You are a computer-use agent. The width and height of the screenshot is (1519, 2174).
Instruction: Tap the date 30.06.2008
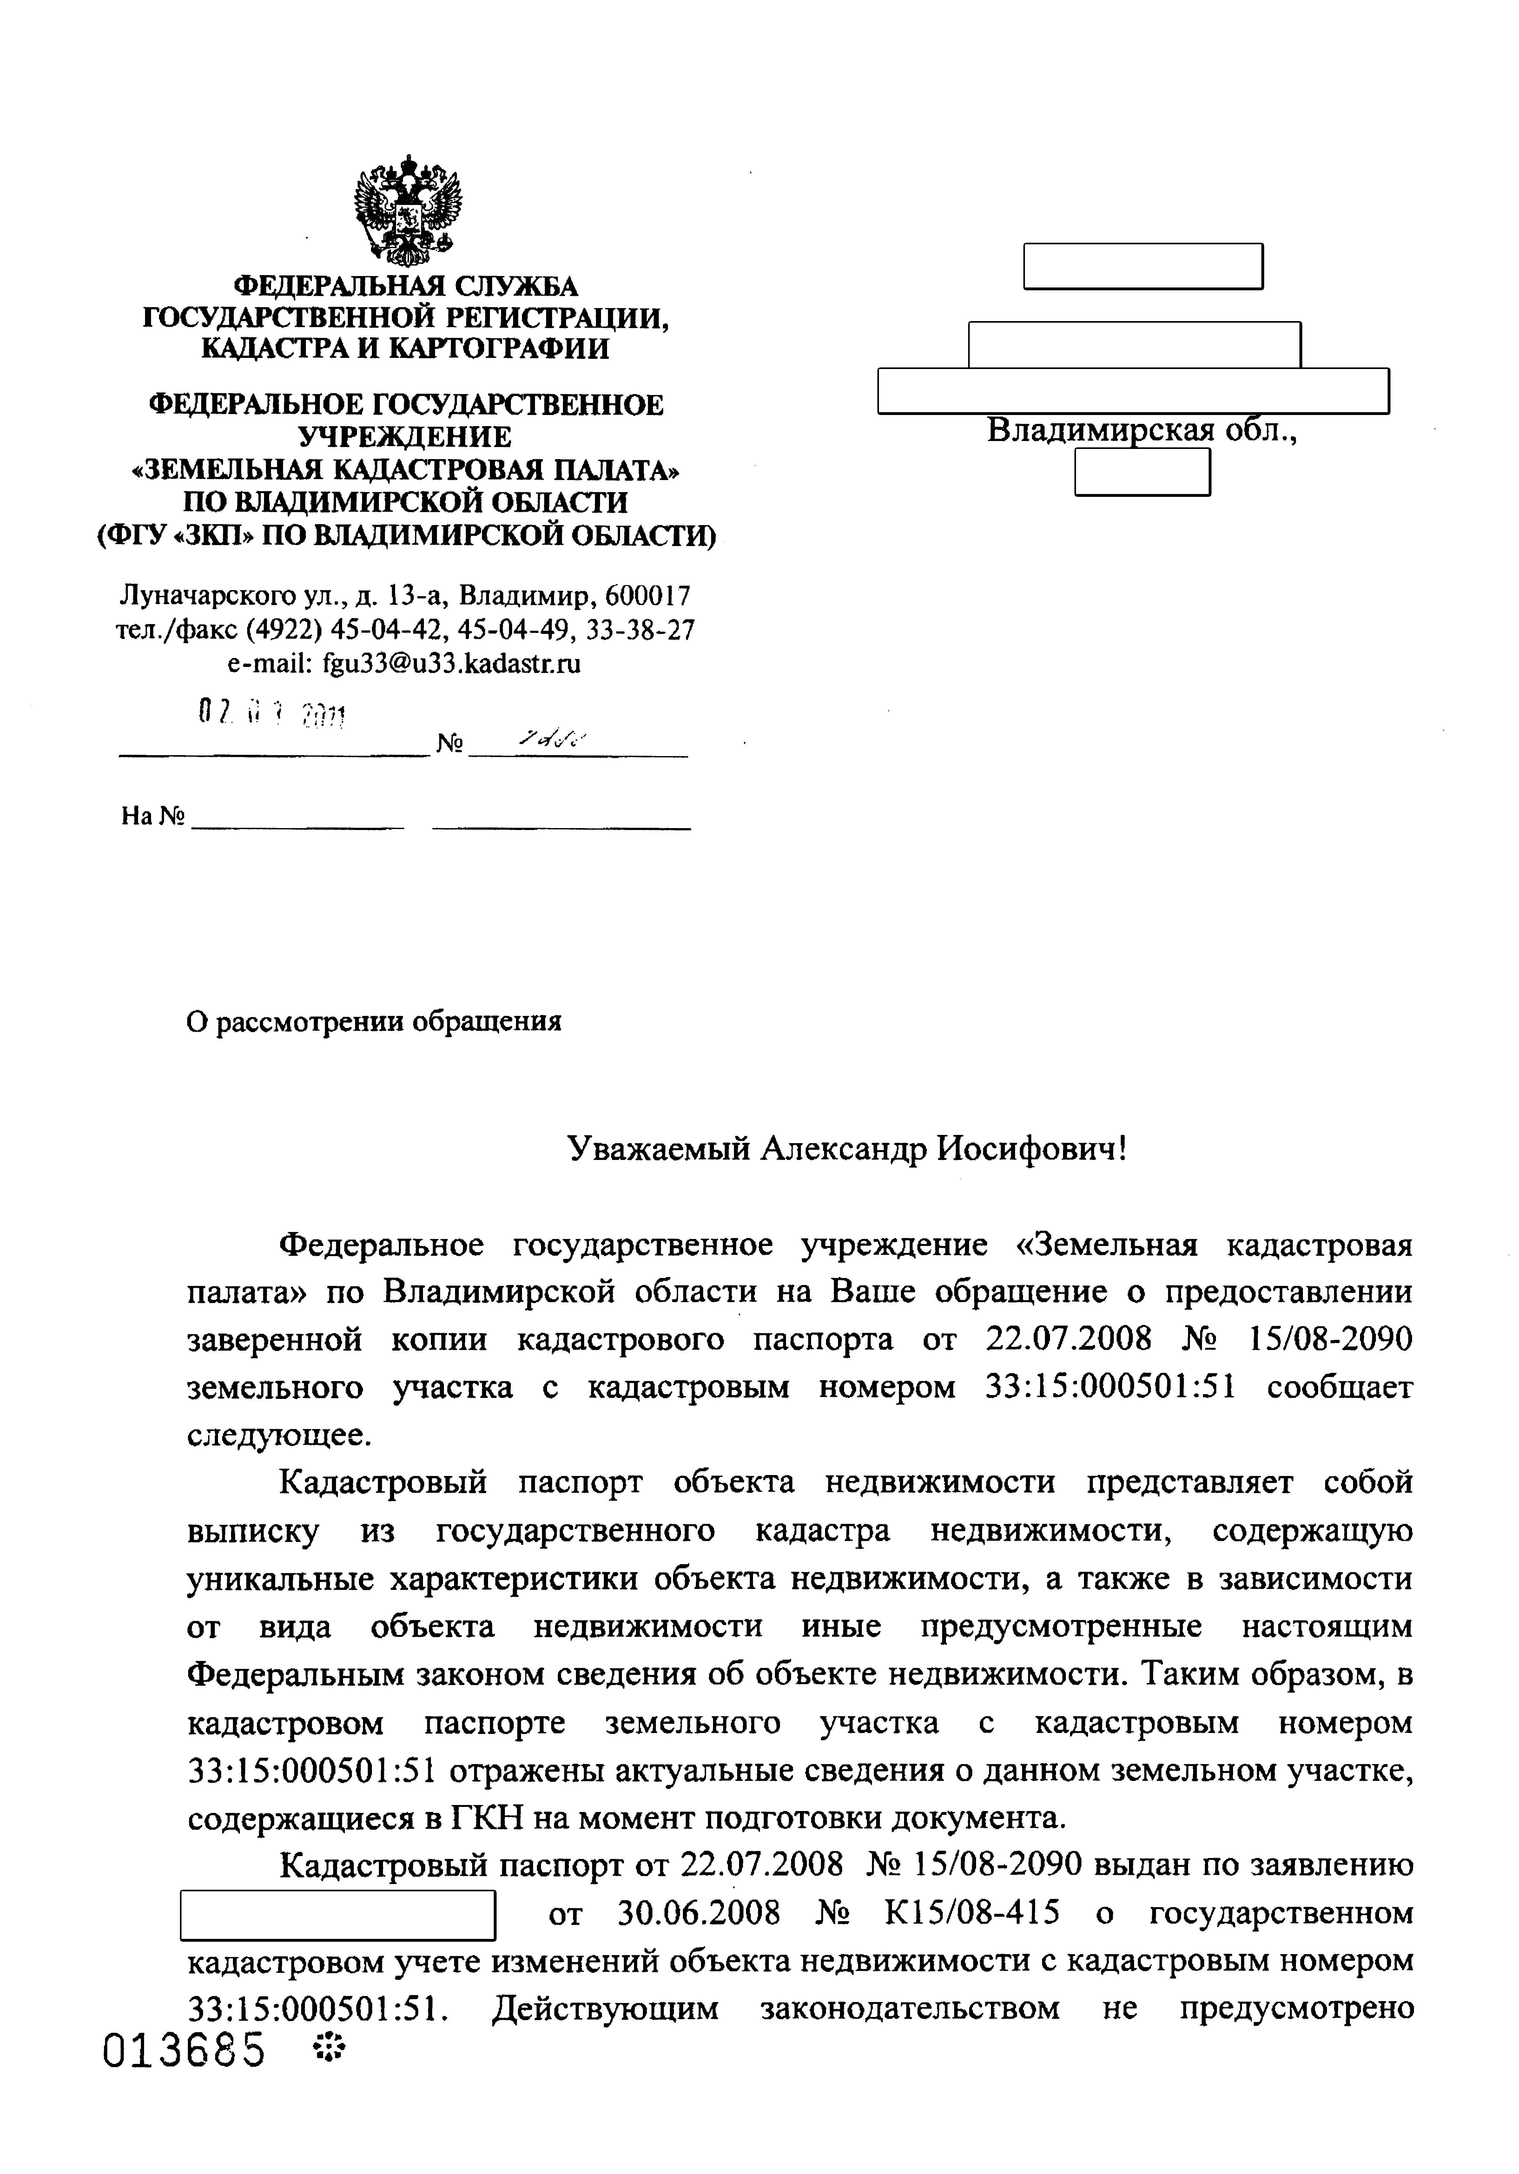click(698, 1913)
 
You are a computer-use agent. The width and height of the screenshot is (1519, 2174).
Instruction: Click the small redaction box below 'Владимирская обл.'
click(1142, 471)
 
